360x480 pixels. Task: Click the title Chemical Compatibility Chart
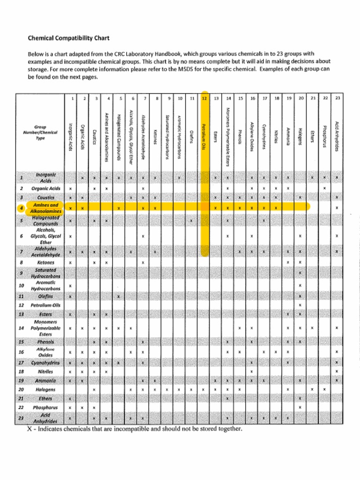68,37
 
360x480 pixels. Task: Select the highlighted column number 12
204,98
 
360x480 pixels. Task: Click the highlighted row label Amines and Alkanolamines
45,208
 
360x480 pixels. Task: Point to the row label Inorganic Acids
45,177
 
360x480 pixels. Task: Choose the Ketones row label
45,262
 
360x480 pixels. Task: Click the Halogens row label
45,389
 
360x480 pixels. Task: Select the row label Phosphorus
45,407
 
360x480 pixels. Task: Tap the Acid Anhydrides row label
45,418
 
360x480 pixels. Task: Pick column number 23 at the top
337,98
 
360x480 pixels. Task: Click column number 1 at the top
72,98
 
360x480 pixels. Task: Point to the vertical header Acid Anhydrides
337,136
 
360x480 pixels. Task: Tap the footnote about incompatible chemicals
135,428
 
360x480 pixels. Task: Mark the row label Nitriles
45,371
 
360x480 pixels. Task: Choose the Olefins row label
45,296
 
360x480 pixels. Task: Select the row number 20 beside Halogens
21,389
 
